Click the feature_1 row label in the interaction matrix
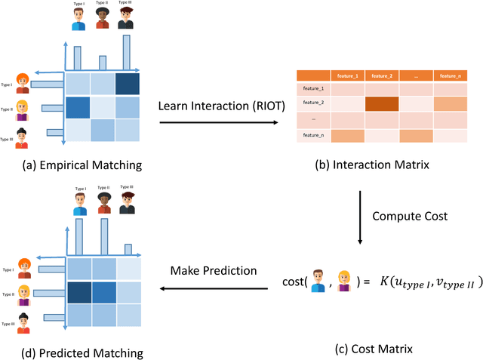[313, 89]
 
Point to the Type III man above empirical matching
[127, 19]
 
